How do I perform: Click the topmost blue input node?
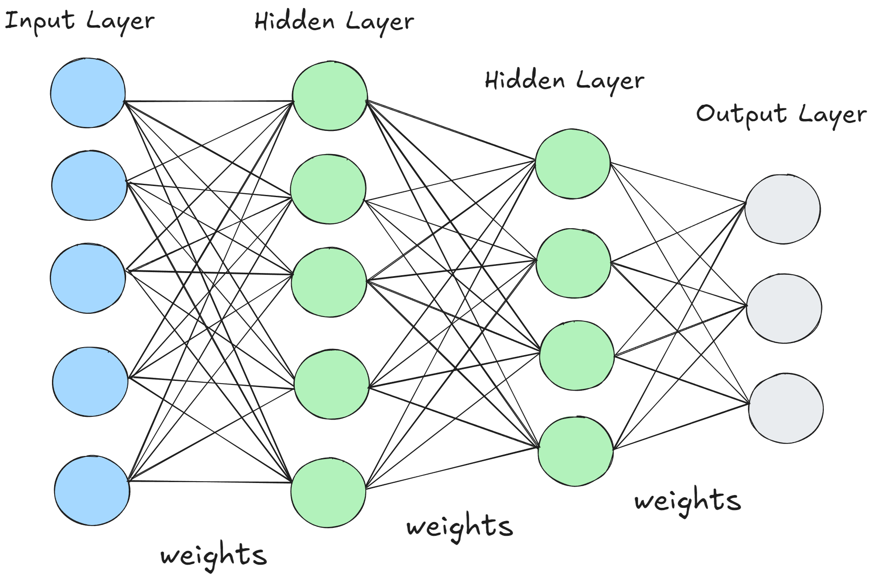[x=88, y=93]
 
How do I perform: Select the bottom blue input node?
[x=92, y=491]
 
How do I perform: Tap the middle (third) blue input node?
[x=88, y=278]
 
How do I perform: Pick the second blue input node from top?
[x=89, y=186]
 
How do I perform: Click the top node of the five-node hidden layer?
[x=330, y=96]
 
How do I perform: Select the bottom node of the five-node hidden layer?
[x=328, y=493]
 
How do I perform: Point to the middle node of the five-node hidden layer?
[x=329, y=282]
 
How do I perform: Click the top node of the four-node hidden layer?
[x=573, y=164]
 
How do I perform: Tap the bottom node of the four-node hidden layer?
[x=576, y=451]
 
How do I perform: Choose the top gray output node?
[x=783, y=209]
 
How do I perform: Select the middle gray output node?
[x=784, y=309]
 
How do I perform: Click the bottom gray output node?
[x=786, y=408]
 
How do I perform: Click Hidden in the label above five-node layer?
[x=294, y=21]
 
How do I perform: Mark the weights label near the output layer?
[x=688, y=501]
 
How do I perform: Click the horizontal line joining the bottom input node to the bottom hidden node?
[x=209, y=481]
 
